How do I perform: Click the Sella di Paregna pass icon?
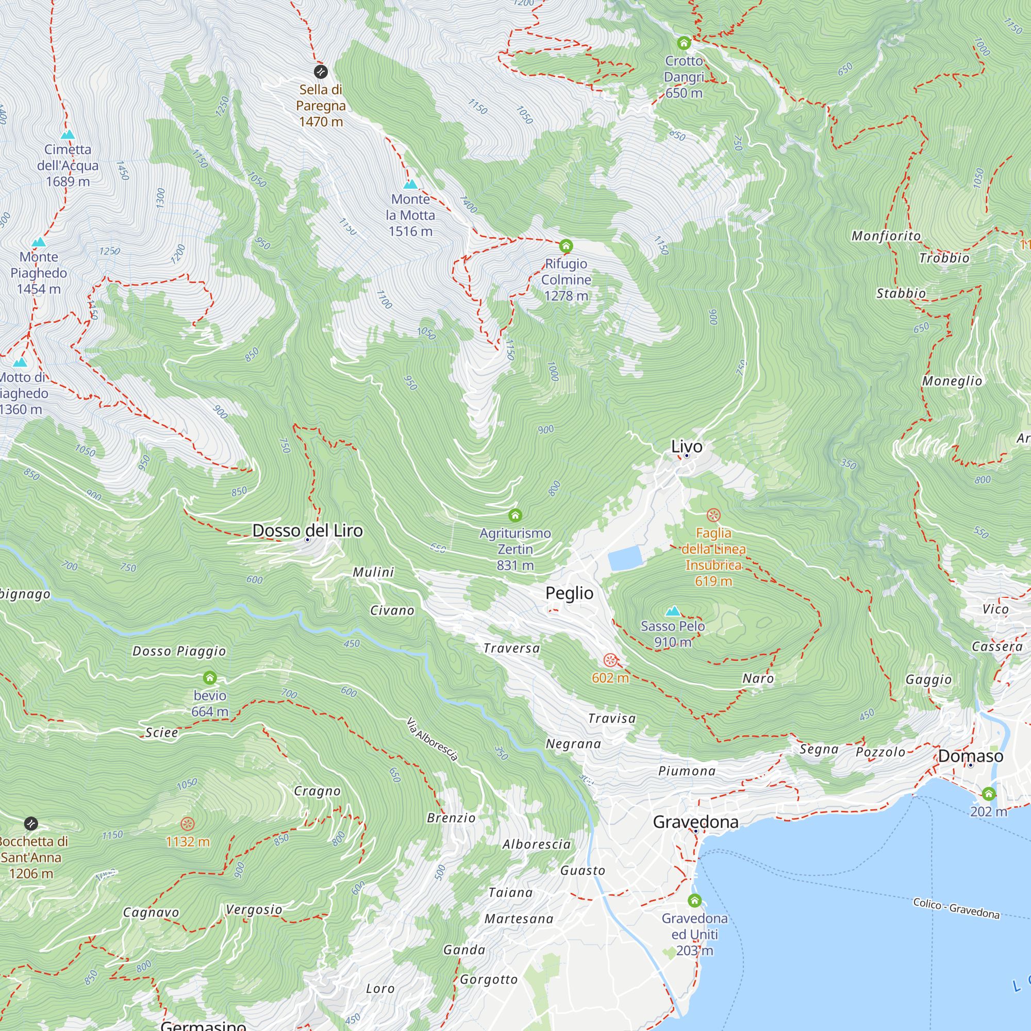pos(320,71)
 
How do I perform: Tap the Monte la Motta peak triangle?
pos(410,185)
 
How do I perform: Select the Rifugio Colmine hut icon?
pos(566,246)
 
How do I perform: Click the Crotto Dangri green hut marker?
pos(684,43)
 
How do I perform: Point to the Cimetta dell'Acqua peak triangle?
pos(68,135)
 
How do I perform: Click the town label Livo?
pos(686,446)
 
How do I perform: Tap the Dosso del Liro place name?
pos(307,530)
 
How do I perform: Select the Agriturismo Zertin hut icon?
pos(515,515)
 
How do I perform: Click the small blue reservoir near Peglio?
pos(625,558)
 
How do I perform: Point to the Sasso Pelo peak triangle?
pos(673,611)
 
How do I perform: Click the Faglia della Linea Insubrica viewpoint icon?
pos(713,515)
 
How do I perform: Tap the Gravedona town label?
pos(695,822)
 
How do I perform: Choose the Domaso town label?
pos(970,756)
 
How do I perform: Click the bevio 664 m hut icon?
pos(210,678)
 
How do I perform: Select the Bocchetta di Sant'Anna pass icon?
pos(31,823)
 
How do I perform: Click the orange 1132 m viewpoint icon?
pos(187,823)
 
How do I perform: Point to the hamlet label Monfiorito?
pos(886,236)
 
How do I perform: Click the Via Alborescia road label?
pos(433,739)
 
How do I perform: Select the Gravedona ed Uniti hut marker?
pos(694,901)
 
